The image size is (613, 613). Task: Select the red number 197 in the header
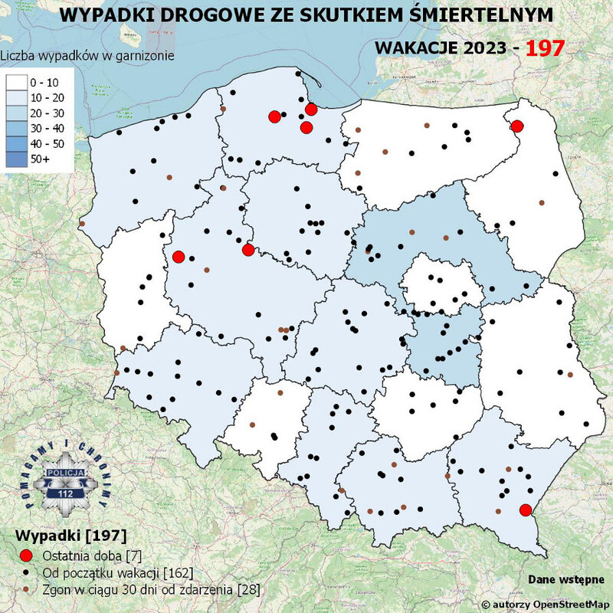546,48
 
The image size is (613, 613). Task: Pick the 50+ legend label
40,159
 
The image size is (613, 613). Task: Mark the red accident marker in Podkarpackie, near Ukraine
525,510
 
